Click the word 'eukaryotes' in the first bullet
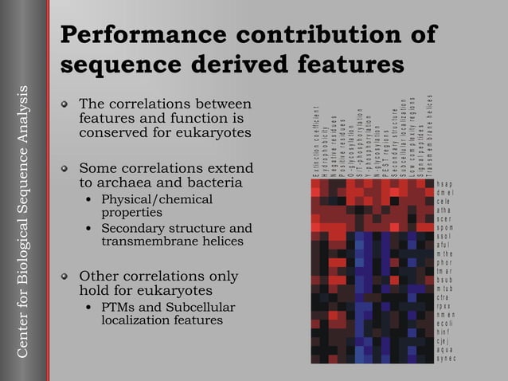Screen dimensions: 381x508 (209, 132)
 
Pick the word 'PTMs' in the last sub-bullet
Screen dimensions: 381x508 (120, 307)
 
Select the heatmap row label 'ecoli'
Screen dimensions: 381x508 (445, 324)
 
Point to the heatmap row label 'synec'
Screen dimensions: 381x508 (446, 358)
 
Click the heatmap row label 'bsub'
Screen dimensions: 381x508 (444, 280)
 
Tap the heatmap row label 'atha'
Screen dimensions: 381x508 (444, 210)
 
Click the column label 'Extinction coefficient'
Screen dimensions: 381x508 (315, 142)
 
